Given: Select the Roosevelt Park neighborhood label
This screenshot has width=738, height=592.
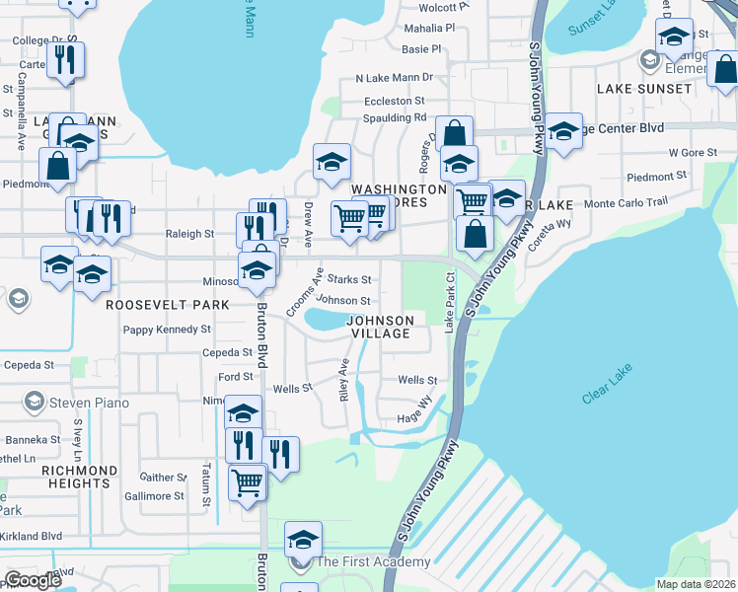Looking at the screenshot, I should pyautogui.click(x=160, y=305).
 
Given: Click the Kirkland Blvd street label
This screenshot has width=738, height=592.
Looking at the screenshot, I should pyautogui.click(x=31, y=536).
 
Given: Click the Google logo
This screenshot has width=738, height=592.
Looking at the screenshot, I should pyautogui.click(x=34, y=580).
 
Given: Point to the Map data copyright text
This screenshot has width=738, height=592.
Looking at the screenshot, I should pyautogui.click(x=695, y=584).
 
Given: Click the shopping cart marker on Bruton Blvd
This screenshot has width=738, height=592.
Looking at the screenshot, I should pyautogui.click(x=247, y=484).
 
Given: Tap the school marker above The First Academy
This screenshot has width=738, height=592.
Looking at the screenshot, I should pyautogui.click(x=303, y=540).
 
